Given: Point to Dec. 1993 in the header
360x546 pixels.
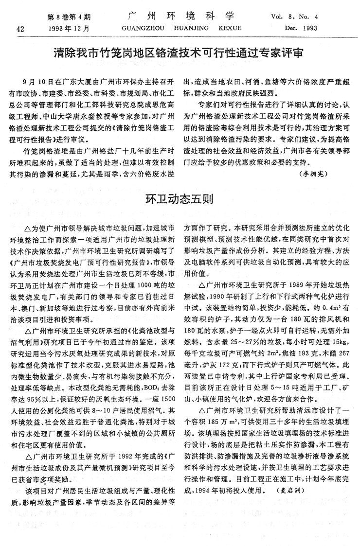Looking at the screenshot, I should [x=302, y=28].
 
